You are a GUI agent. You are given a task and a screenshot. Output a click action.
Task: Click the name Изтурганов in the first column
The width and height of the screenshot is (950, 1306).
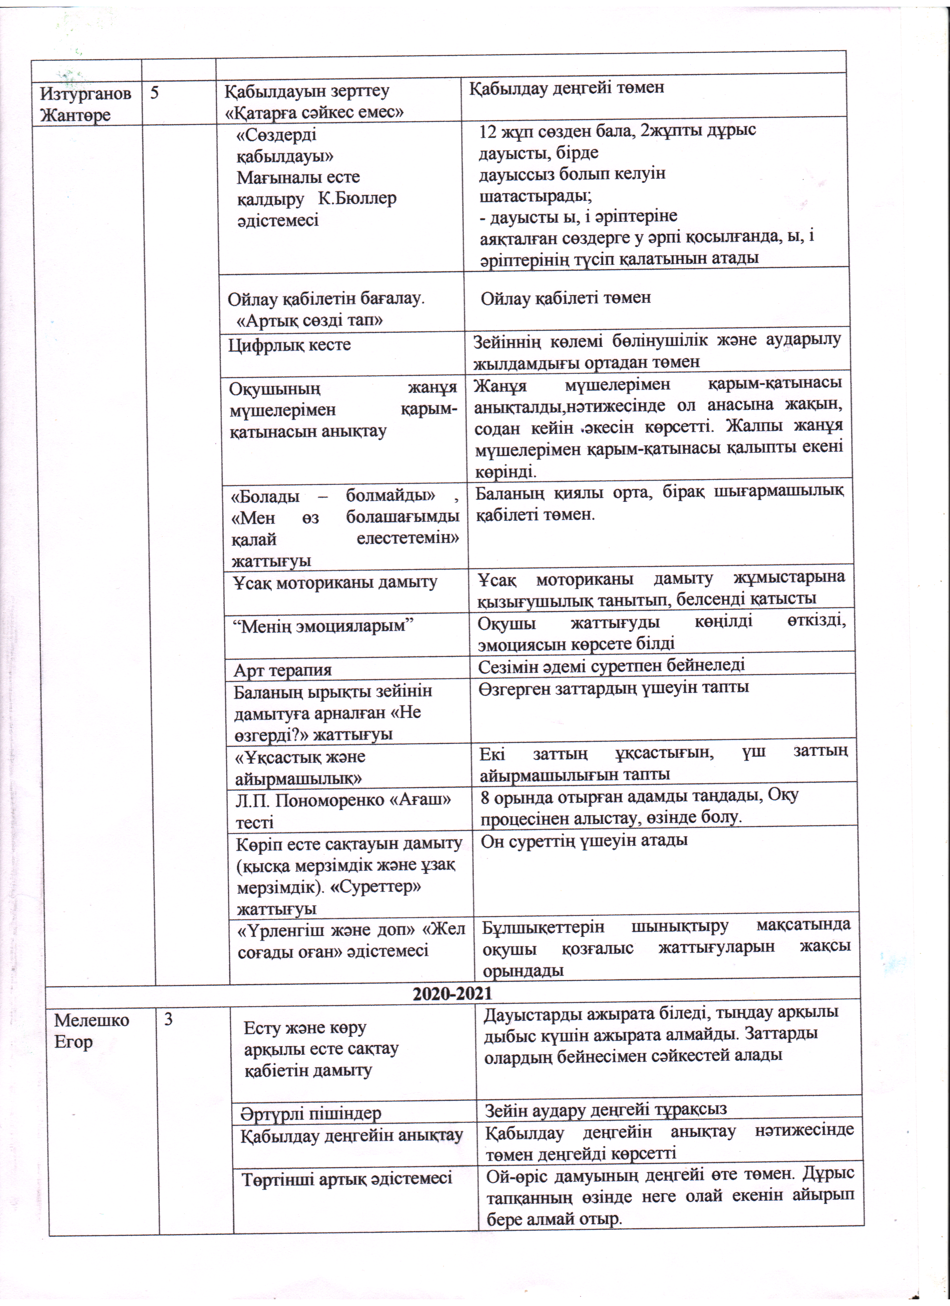(85, 93)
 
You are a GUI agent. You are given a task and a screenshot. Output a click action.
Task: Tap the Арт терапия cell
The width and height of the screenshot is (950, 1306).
(283, 670)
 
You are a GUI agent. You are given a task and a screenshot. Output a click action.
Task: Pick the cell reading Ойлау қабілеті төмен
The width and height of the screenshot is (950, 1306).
(566, 298)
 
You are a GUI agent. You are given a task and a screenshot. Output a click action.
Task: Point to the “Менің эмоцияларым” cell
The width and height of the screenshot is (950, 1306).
(324, 626)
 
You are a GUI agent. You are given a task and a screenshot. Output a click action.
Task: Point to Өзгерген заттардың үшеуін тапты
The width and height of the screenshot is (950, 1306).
(614, 687)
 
